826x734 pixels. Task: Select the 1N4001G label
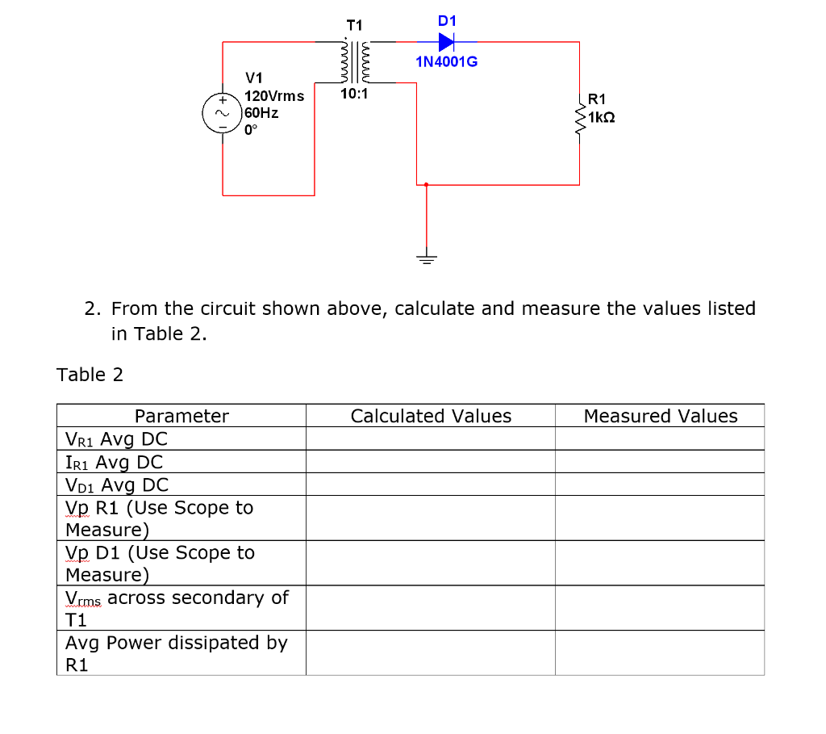pyautogui.click(x=446, y=61)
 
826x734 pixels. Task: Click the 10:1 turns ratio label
pyautogui.click(x=354, y=94)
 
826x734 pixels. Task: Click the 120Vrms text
pyautogui.click(x=274, y=96)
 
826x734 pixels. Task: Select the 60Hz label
pyautogui.click(x=261, y=113)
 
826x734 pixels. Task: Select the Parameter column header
pyautogui.click(x=181, y=417)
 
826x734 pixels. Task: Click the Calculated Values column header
pyautogui.click(x=431, y=417)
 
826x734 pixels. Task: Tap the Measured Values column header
pyautogui.click(x=660, y=417)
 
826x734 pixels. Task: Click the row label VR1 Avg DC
pyautogui.click(x=117, y=440)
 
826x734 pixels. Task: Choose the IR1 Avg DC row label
pyautogui.click(x=114, y=463)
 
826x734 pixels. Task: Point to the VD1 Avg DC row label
pyautogui.click(x=117, y=485)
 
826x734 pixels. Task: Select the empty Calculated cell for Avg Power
pyautogui.click(x=431, y=653)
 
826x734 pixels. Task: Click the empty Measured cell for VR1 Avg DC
pyautogui.click(x=660, y=439)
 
